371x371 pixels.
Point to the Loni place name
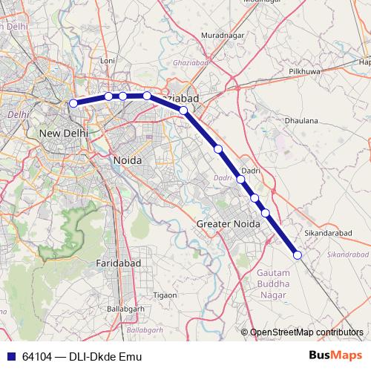(x=108, y=61)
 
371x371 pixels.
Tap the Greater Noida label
(x=226, y=223)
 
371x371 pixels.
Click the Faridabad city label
(x=119, y=263)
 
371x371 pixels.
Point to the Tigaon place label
(x=164, y=295)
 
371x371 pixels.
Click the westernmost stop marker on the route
(x=73, y=104)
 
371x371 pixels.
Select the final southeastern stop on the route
(x=298, y=255)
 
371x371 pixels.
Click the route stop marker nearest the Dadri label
(x=241, y=179)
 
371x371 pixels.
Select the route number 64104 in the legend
(x=37, y=356)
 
